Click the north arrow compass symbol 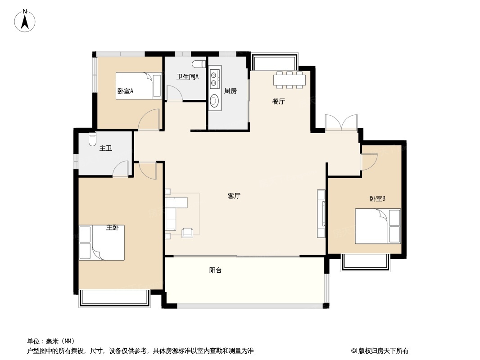point(25,21)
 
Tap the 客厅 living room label point(234,196)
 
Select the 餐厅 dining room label point(278,102)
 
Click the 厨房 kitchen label point(230,91)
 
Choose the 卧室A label point(125,91)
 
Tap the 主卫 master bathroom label point(105,148)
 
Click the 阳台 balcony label point(215,270)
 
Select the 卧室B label point(377,198)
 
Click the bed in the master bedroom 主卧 point(102,243)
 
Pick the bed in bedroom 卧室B point(377,226)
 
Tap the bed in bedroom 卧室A point(138,85)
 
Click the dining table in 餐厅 point(290,80)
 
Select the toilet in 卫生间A point(198,63)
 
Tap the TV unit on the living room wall point(321,214)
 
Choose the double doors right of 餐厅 point(341,122)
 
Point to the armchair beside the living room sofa point(187,232)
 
